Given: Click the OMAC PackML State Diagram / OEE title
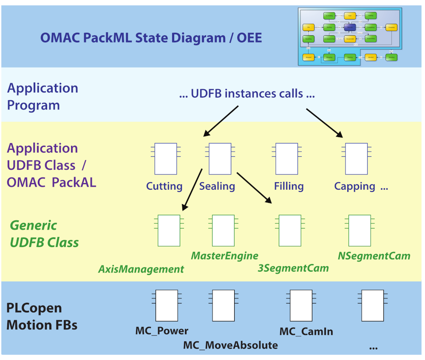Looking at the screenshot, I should click(x=151, y=38).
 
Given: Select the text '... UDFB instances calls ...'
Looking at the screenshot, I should click(x=247, y=94).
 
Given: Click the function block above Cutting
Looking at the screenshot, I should click(x=166, y=159).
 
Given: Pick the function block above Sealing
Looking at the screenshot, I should click(x=220, y=159).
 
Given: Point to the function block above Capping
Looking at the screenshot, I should click(x=356, y=159).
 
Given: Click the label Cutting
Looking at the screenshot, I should click(x=164, y=186).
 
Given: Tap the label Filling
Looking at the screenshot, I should click(x=289, y=186).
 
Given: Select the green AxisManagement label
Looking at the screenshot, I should click(x=141, y=269).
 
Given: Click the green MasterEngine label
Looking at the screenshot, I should click(x=224, y=256).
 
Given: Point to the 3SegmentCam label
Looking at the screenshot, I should click(x=293, y=268).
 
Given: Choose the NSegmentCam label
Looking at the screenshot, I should click(x=374, y=256).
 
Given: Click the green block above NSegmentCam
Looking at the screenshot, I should click(x=360, y=231).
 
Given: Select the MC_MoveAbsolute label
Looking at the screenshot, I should click(x=230, y=345).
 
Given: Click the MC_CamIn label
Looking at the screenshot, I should click(x=306, y=332).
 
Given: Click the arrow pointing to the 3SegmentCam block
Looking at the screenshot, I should click(x=254, y=187).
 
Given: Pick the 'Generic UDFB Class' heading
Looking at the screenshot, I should click(x=44, y=234).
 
